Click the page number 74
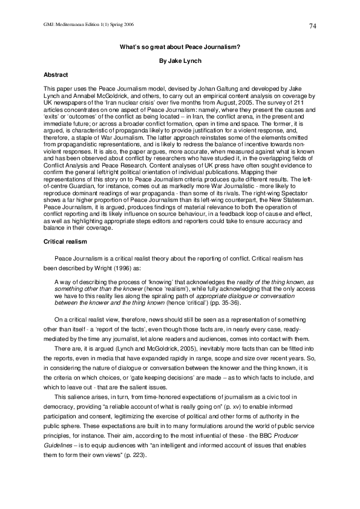[313, 25]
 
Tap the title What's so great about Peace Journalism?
[180, 47]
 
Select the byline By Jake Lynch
[180, 61]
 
